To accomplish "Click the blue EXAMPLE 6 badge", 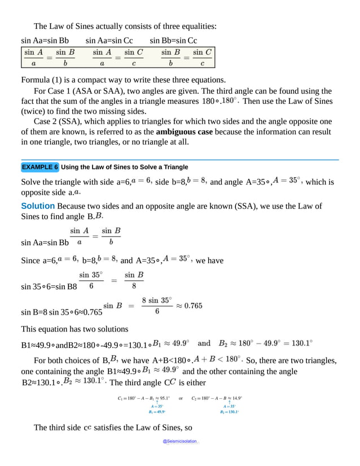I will pos(40,167).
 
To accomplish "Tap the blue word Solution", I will pos(38,206).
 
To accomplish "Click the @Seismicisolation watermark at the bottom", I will pos(180,441).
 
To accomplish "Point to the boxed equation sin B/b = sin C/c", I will pos(186,57).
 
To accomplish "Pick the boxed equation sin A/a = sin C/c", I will pos(117,57).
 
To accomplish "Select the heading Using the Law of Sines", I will pos(124,167).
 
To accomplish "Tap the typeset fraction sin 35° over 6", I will pos(91,280).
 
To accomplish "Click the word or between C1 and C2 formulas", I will pos(181,398).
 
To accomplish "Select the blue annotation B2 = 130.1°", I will pos(230,412).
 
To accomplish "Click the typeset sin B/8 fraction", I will pos(134,280).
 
